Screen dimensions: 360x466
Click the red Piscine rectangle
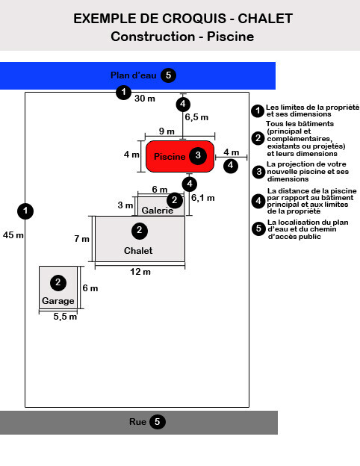click(x=180, y=156)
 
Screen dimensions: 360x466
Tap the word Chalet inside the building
click(x=138, y=251)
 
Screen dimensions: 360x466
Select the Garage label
click(x=58, y=301)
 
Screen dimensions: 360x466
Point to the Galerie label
click(x=158, y=211)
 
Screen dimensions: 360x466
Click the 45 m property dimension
click(x=13, y=235)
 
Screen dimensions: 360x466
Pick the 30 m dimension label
click(x=145, y=99)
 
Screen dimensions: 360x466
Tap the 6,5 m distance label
click(x=196, y=117)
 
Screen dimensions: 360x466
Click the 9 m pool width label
click(x=167, y=131)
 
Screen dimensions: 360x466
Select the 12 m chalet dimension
click(x=140, y=272)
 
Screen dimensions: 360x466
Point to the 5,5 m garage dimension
click(x=65, y=317)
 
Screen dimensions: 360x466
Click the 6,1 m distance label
click(x=202, y=198)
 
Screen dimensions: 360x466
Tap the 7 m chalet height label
click(x=81, y=239)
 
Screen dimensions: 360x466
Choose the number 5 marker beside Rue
click(x=158, y=422)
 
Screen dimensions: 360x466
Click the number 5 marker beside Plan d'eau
click(x=169, y=75)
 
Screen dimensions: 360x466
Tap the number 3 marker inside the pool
click(x=198, y=155)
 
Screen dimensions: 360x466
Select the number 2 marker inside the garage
click(x=58, y=282)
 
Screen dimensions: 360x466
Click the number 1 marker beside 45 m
click(x=25, y=211)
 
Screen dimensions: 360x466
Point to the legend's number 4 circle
click(x=258, y=201)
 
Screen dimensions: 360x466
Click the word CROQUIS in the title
click(x=194, y=19)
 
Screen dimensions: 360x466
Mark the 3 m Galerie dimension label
click(x=125, y=205)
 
